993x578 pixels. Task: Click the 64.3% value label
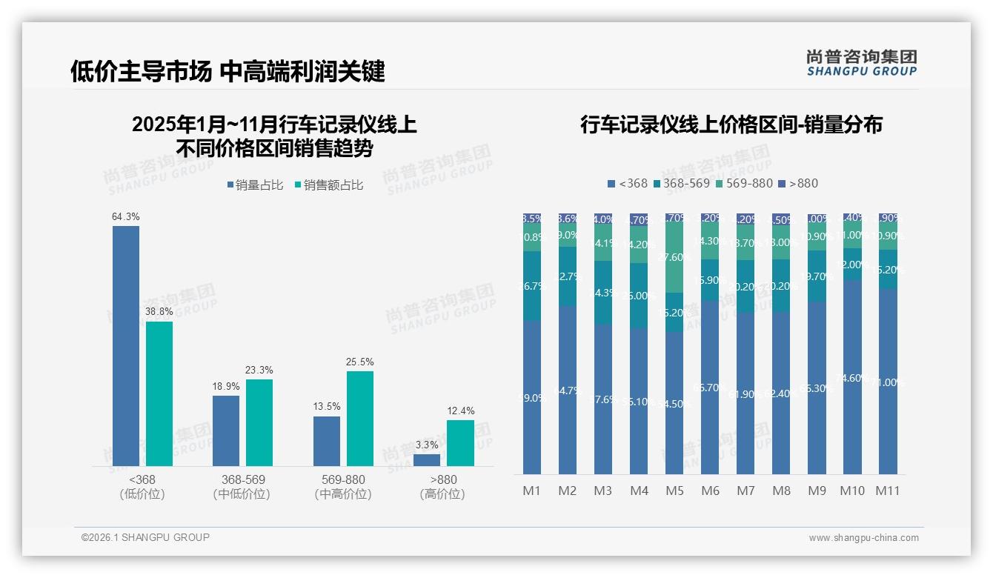[126, 217]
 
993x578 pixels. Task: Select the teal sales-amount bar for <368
[159, 393]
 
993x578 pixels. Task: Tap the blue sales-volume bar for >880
[427, 460]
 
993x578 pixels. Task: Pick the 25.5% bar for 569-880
[360, 419]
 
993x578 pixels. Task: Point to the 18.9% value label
[226, 387]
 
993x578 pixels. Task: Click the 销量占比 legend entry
[255, 185]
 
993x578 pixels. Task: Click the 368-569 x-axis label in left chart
[242, 479]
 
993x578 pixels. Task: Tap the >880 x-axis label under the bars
[443, 479]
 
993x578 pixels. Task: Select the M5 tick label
[674, 491]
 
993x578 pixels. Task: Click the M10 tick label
[852, 491]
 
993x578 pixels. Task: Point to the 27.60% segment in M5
[674, 257]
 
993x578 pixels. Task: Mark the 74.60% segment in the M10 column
[852, 377]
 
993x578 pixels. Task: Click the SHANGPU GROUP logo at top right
[861, 63]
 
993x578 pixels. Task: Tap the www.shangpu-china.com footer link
[863, 538]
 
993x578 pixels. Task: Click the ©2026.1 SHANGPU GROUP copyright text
[145, 537]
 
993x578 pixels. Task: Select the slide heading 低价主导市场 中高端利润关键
[228, 72]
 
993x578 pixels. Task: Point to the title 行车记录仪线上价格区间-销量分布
[731, 124]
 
